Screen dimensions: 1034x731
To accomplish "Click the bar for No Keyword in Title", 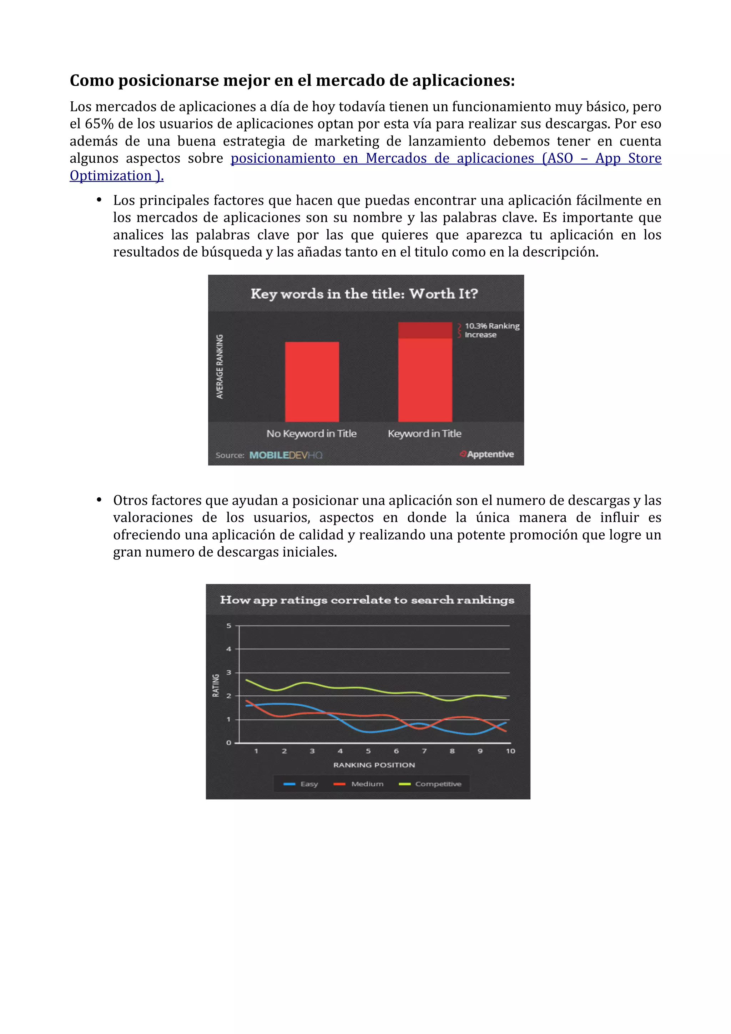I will pyautogui.click(x=312, y=381).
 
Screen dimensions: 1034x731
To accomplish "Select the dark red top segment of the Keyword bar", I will pyautogui.click(x=425, y=330).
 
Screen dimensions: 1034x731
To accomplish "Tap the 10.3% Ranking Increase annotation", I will pyautogui.click(x=491, y=330).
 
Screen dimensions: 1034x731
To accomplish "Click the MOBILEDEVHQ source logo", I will pyautogui.click(x=286, y=455).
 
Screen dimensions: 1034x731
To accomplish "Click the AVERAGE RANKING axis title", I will pyautogui.click(x=220, y=366).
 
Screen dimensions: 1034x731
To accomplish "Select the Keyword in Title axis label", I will pyautogui.click(x=424, y=434).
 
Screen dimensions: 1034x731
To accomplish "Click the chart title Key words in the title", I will pyautogui.click(x=364, y=294).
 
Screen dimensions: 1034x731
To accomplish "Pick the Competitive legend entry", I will pyautogui.click(x=430, y=784).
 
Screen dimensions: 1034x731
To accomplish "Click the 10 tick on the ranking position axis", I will pyautogui.click(x=510, y=751).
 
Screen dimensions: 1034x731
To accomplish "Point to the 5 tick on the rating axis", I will pyautogui.click(x=229, y=625).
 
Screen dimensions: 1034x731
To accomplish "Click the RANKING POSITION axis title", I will pyautogui.click(x=374, y=765).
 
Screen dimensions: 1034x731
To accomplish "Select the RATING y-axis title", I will pyautogui.click(x=216, y=685).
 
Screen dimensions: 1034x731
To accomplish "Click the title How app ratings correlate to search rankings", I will pyautogui.click(x=367, y=600).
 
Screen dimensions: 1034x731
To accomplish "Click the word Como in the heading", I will pyautogui.click(x=91, y=81).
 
